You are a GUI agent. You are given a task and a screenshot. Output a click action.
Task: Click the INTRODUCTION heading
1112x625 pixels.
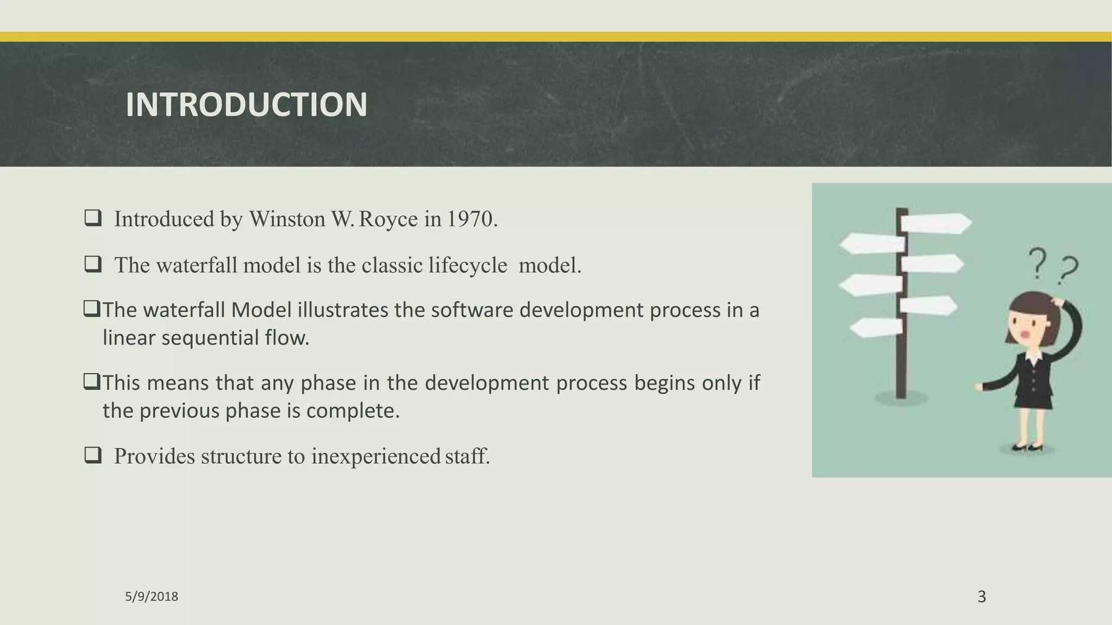pos(246,104)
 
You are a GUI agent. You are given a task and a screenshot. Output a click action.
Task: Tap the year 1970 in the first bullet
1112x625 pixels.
pos(470,219)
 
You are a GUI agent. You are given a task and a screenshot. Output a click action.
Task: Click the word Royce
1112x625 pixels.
pos(388,219)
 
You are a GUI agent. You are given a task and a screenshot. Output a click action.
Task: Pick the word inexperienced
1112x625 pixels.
pos(375,456)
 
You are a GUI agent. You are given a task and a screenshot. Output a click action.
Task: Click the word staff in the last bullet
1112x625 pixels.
pos(466,456)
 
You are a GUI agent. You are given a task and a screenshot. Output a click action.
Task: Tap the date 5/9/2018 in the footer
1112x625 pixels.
pos(151,597)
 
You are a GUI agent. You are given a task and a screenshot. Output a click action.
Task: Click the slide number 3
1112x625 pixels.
pos(982,597)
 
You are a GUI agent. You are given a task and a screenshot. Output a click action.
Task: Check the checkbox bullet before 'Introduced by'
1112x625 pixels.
pos(93,218)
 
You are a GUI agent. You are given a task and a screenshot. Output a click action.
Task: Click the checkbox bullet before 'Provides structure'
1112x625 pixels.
pos(93,455)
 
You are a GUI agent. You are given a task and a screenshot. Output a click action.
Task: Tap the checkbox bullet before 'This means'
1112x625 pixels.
pos(92,382)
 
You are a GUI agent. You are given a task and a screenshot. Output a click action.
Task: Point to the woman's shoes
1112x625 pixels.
pos(1028,448)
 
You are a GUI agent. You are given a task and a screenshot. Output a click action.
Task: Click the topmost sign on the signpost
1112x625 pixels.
pos(936,223)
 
